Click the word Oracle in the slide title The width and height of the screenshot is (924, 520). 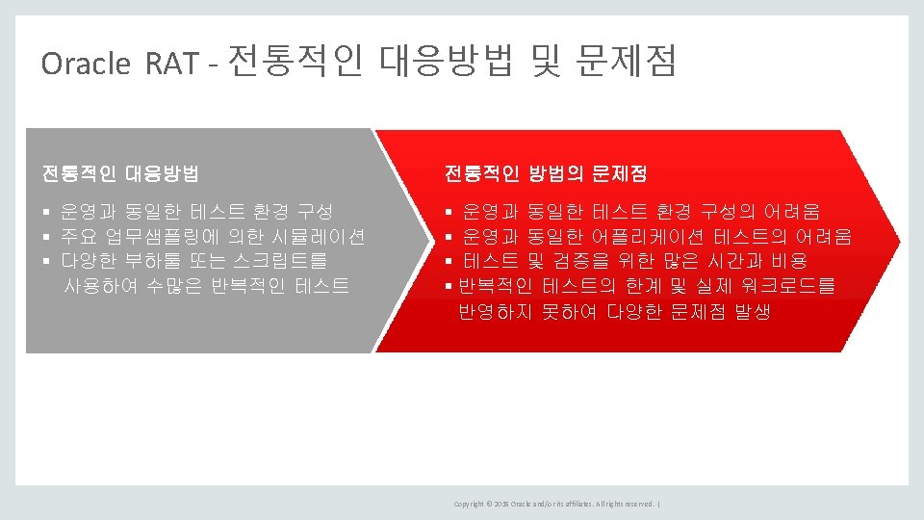(x=86, y=64)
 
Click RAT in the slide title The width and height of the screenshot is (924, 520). (x=172, y=64)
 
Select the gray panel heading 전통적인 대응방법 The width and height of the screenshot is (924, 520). (x=120, y=174)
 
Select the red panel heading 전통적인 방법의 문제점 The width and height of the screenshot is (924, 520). (x=546, y=174)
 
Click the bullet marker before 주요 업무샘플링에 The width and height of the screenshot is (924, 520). (x=45, y=237)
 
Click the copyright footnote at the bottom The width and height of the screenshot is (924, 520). (x=556, y=504)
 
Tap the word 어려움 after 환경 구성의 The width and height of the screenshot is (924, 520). (x=792, y=211)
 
